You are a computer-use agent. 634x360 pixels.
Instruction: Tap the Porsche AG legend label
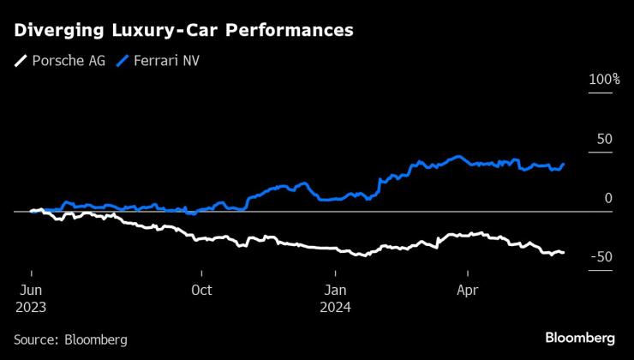pyautogui.click(x=68, y=61)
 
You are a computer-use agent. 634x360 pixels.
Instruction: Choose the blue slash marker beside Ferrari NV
pyautogui.click(x=126, y=61)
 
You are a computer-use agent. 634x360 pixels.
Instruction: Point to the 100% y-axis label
pyautogui.click(x=603, y=80)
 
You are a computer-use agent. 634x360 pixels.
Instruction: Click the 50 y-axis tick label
pyautogui.click(x=604, y=139)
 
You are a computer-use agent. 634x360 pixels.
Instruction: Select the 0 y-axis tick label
pyautogui.click(x=608, y=198)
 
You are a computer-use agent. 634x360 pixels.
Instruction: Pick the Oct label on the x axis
pyautogui.click(x=201, y=290)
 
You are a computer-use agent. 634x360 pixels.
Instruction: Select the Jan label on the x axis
pyautogui.click(x=335, y=290)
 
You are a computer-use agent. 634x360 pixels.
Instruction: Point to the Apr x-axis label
pyautogui.click(x=468, y=290)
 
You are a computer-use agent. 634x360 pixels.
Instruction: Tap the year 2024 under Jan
pyautogui.click(x=335, y=306)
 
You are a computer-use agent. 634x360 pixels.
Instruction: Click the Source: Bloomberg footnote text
pyautogui.click(x=70, y=339)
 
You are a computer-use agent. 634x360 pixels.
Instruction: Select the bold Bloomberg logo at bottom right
pyautogui.click(x=580, y=338)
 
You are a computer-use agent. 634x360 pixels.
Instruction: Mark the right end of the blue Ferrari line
pyautogui.click(x=563, y=164)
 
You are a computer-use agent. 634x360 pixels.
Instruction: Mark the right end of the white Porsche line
pyautogui.click(x=563, y=252)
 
